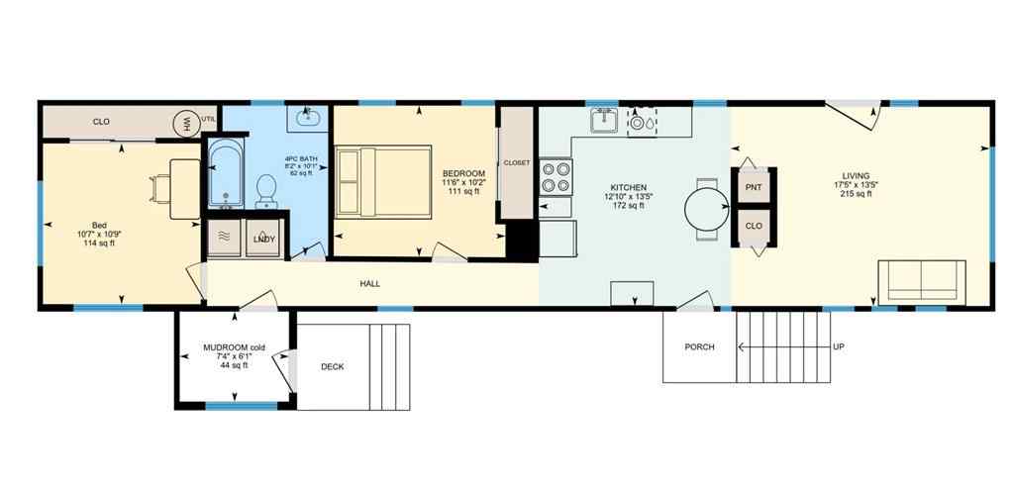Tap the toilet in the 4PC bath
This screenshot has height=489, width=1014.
(265, 189)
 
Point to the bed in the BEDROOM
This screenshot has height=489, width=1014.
(383, 181)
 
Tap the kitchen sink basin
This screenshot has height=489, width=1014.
(603, 121)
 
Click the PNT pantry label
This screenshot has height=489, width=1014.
(754, 186)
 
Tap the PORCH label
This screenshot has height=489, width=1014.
(699, 346)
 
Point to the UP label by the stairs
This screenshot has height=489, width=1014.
(839, 346)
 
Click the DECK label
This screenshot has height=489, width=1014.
(333, 367)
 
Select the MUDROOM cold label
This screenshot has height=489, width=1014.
(234, 347)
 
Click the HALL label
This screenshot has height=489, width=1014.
(369, 284)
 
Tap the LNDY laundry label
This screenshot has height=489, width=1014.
(263, 240)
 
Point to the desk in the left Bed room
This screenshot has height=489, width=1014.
(184, 188)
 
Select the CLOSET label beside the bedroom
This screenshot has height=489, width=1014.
(517, 162)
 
